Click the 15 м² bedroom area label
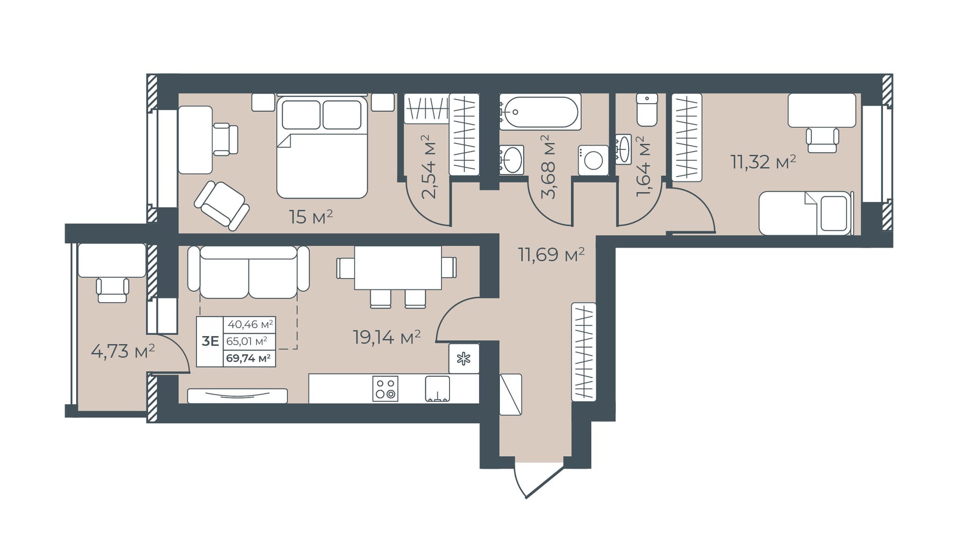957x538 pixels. point(311,217)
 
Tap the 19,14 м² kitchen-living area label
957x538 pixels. point(387,337)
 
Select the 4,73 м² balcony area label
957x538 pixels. point(123,351)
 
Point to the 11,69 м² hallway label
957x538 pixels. point(551,255)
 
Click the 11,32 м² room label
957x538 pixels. point(764,162)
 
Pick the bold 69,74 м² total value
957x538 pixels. point(249,359)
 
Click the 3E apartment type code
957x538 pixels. point(210,341)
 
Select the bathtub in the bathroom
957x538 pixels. point(540,112)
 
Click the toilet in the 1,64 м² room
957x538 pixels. point(647,110)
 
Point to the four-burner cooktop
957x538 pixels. point(386,388)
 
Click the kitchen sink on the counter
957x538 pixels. point(438,389)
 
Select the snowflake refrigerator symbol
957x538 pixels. point(464,359)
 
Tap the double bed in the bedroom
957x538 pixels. point(322,147)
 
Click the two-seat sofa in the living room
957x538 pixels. point(249,272)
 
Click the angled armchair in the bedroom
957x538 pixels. point(222,206)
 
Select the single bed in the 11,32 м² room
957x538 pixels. point(806,213)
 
